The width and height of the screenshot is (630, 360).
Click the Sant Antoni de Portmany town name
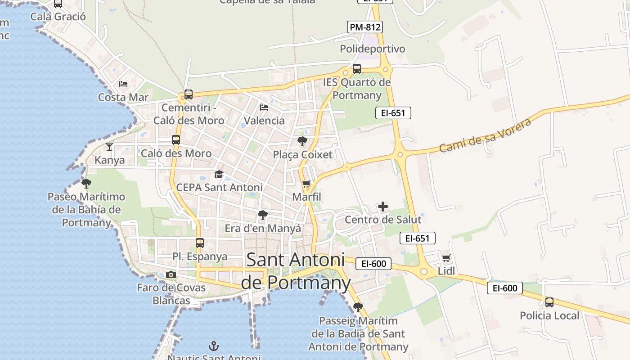(x=296, y=271)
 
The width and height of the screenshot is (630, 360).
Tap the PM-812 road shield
(x=365, y=27)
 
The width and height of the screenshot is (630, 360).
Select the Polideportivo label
(x=372, y=49)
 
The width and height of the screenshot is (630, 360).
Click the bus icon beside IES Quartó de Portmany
(x=357, y=69)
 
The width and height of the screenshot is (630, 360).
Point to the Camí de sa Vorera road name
(x=486, y=135)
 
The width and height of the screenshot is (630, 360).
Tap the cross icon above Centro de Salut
(x=383, y=207)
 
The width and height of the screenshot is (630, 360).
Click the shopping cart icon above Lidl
(x=446, y=258)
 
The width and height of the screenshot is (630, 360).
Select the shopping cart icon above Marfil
(x=306, y=184)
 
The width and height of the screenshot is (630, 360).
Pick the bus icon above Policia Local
(x=549, y=302)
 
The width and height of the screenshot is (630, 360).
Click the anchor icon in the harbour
(x=214, y=346)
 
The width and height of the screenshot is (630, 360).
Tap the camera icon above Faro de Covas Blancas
(x=171, y=274)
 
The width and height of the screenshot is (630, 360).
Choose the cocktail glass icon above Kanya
(x=109, y=146)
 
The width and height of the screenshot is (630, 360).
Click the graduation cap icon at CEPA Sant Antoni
(x=219, y=174)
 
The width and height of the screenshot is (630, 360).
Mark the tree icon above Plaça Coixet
(x=302, y=141)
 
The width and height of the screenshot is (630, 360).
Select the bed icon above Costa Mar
(x=123, y=84)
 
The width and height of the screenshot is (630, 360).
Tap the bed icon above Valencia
(x=264, y=108)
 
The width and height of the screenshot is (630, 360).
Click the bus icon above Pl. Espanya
(x=200, y=243)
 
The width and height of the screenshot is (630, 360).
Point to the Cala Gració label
(x=58, y=17)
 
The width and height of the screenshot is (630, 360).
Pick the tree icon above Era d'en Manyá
(x=263, y=215)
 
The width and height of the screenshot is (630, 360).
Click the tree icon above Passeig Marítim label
(x=358, y=307)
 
